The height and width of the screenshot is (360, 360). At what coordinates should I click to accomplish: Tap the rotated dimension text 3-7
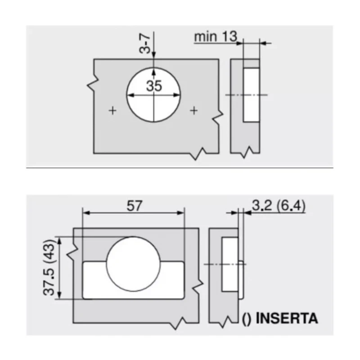tap(145, 42)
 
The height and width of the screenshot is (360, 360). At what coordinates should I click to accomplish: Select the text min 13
tap(215, 36)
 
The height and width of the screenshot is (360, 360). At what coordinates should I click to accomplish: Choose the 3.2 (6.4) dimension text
tap(278, 206)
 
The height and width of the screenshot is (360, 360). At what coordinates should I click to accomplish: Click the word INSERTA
tap(287, 319)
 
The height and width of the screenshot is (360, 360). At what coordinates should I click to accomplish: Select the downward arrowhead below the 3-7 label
tap(154, 55)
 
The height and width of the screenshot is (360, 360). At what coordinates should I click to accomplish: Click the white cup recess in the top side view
tap(251, 95)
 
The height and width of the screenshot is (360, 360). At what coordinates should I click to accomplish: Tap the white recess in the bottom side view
tap(229, 265)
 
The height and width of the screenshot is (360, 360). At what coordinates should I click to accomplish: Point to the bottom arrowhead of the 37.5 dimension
tap(58, 296)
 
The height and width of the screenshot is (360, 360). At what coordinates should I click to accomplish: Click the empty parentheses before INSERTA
tap(247, 319)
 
